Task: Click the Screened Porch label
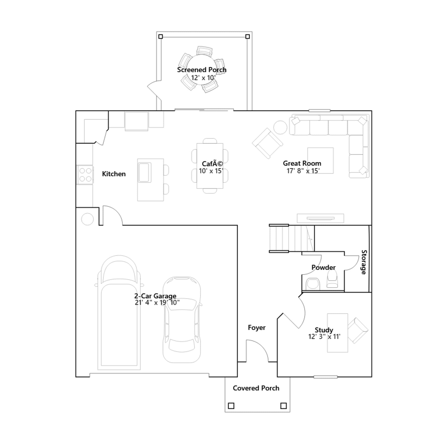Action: point(202,70)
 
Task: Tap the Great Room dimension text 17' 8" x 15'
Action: point(303,171)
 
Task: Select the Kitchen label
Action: point(114,174)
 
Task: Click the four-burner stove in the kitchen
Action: point(85,175)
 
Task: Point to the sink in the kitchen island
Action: point(144,172)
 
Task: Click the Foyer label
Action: point(257,328)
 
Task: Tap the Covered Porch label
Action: point(256,388)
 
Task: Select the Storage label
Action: point(364,262)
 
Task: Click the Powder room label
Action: point(324,267)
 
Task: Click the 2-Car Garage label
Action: point(155,296)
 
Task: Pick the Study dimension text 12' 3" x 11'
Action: point(324,337)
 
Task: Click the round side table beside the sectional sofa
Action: point(280,127)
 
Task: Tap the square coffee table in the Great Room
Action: point(320,160)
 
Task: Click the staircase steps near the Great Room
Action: point(292,238)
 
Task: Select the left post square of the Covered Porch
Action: point(231,406)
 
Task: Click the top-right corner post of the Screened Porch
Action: point(248,36)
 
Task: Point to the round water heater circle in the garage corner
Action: point(87,219)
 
